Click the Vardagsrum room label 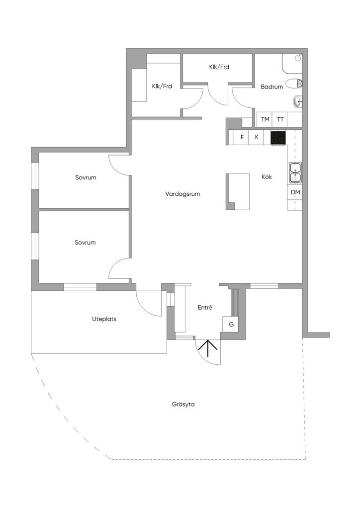pos(182,194)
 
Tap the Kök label pos(267,176)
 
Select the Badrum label pos(271,86)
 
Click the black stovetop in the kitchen pos(278,137)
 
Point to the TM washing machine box pos(265,119)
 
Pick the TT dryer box pos(280,119)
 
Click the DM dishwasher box pos(295,192)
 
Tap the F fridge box pos(242,137)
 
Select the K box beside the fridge pos(257,137)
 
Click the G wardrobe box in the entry pos(231,324)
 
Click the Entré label pos(205,308)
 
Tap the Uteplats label pos(104,319)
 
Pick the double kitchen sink pos(295,172)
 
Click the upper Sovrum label pos(86,177)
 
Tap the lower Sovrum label pos(85,243)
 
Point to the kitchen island pos(238,191)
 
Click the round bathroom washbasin pos(297,102)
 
